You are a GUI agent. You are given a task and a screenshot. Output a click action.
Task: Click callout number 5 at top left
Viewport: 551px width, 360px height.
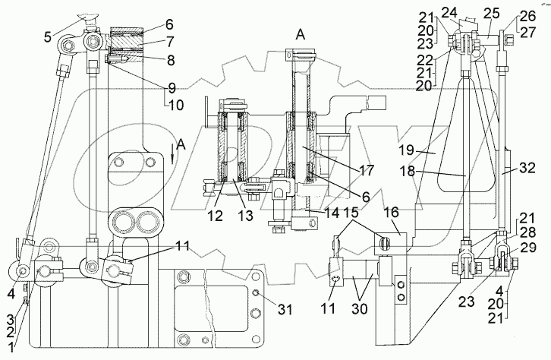[49, 36]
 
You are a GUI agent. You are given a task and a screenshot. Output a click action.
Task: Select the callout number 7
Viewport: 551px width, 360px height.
[170, 42]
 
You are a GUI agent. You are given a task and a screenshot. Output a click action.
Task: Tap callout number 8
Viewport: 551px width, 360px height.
[171, 60]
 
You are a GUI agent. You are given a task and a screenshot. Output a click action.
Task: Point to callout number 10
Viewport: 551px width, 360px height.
[176, 105]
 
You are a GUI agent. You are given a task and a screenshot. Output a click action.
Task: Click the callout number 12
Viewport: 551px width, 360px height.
[215, 216]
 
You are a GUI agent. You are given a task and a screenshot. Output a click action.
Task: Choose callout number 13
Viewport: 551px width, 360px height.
[246, 216]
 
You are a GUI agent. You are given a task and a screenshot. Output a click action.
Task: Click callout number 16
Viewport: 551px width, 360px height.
[392, 213]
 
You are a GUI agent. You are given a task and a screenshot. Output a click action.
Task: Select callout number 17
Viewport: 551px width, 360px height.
[366, 170]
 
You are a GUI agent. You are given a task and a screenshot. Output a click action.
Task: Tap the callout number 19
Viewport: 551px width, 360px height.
[407, 150]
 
